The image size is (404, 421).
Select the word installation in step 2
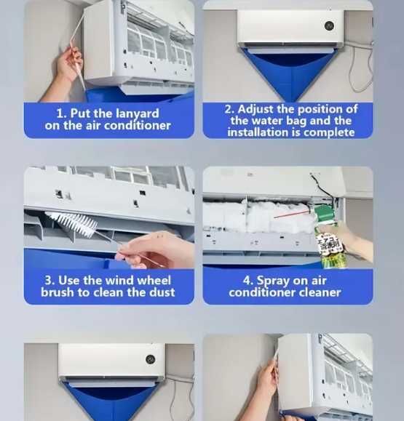[x=258, y=132]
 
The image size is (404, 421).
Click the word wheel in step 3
[x=154, y=281]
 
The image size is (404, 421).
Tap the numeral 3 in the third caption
[x=49, y=281]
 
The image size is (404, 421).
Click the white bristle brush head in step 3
[x=71, y=222]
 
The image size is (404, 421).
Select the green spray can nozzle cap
[x=325, y=213]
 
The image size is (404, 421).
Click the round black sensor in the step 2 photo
[x=329, y=25]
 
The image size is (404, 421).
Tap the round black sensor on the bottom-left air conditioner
[x=150, y=359]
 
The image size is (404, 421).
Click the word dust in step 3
[x=162, y=292]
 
